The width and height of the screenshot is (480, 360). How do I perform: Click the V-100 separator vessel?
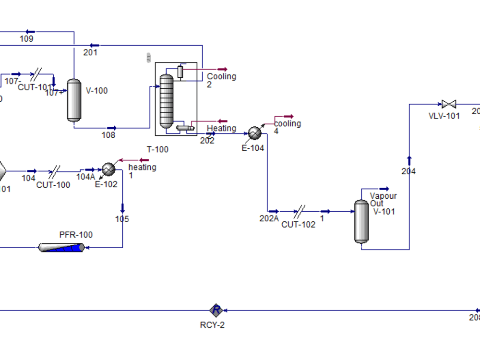click(x=74, y=100)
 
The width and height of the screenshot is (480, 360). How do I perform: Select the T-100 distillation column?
click(x=166, y=101)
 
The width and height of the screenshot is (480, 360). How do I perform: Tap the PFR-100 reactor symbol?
click(x=61, y=247)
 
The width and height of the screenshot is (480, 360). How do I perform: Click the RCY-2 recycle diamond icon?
click(x=216, y=310)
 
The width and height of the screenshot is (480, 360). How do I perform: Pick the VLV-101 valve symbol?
click(x=449, y=104)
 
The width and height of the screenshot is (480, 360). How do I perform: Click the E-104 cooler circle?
click(x=254, y=133)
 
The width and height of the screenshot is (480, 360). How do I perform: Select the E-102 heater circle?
click(x=108, y=169)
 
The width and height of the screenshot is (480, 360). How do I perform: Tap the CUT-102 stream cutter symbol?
click(x=299, y=211)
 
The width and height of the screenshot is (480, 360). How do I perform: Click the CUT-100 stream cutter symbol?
click(x=55, y=171)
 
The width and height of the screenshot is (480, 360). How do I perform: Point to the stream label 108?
click(x=108, y=135)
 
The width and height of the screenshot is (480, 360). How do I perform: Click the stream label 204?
click(x=408, y=171)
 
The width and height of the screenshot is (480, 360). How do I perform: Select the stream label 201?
click(x=90, y=52)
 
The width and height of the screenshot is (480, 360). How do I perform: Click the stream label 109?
click(x=27, y=39)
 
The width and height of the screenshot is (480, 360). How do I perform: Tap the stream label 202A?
click(x=269, y=218)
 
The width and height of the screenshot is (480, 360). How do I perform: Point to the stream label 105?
click(x=122, y=219)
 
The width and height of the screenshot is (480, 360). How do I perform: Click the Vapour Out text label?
click(x=383, y=200)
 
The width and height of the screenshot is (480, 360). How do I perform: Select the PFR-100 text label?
click(x=76, y=235)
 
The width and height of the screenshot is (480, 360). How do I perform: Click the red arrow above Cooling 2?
click(x=222, y=69)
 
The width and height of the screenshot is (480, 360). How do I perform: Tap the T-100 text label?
click(x=157, y=149)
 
